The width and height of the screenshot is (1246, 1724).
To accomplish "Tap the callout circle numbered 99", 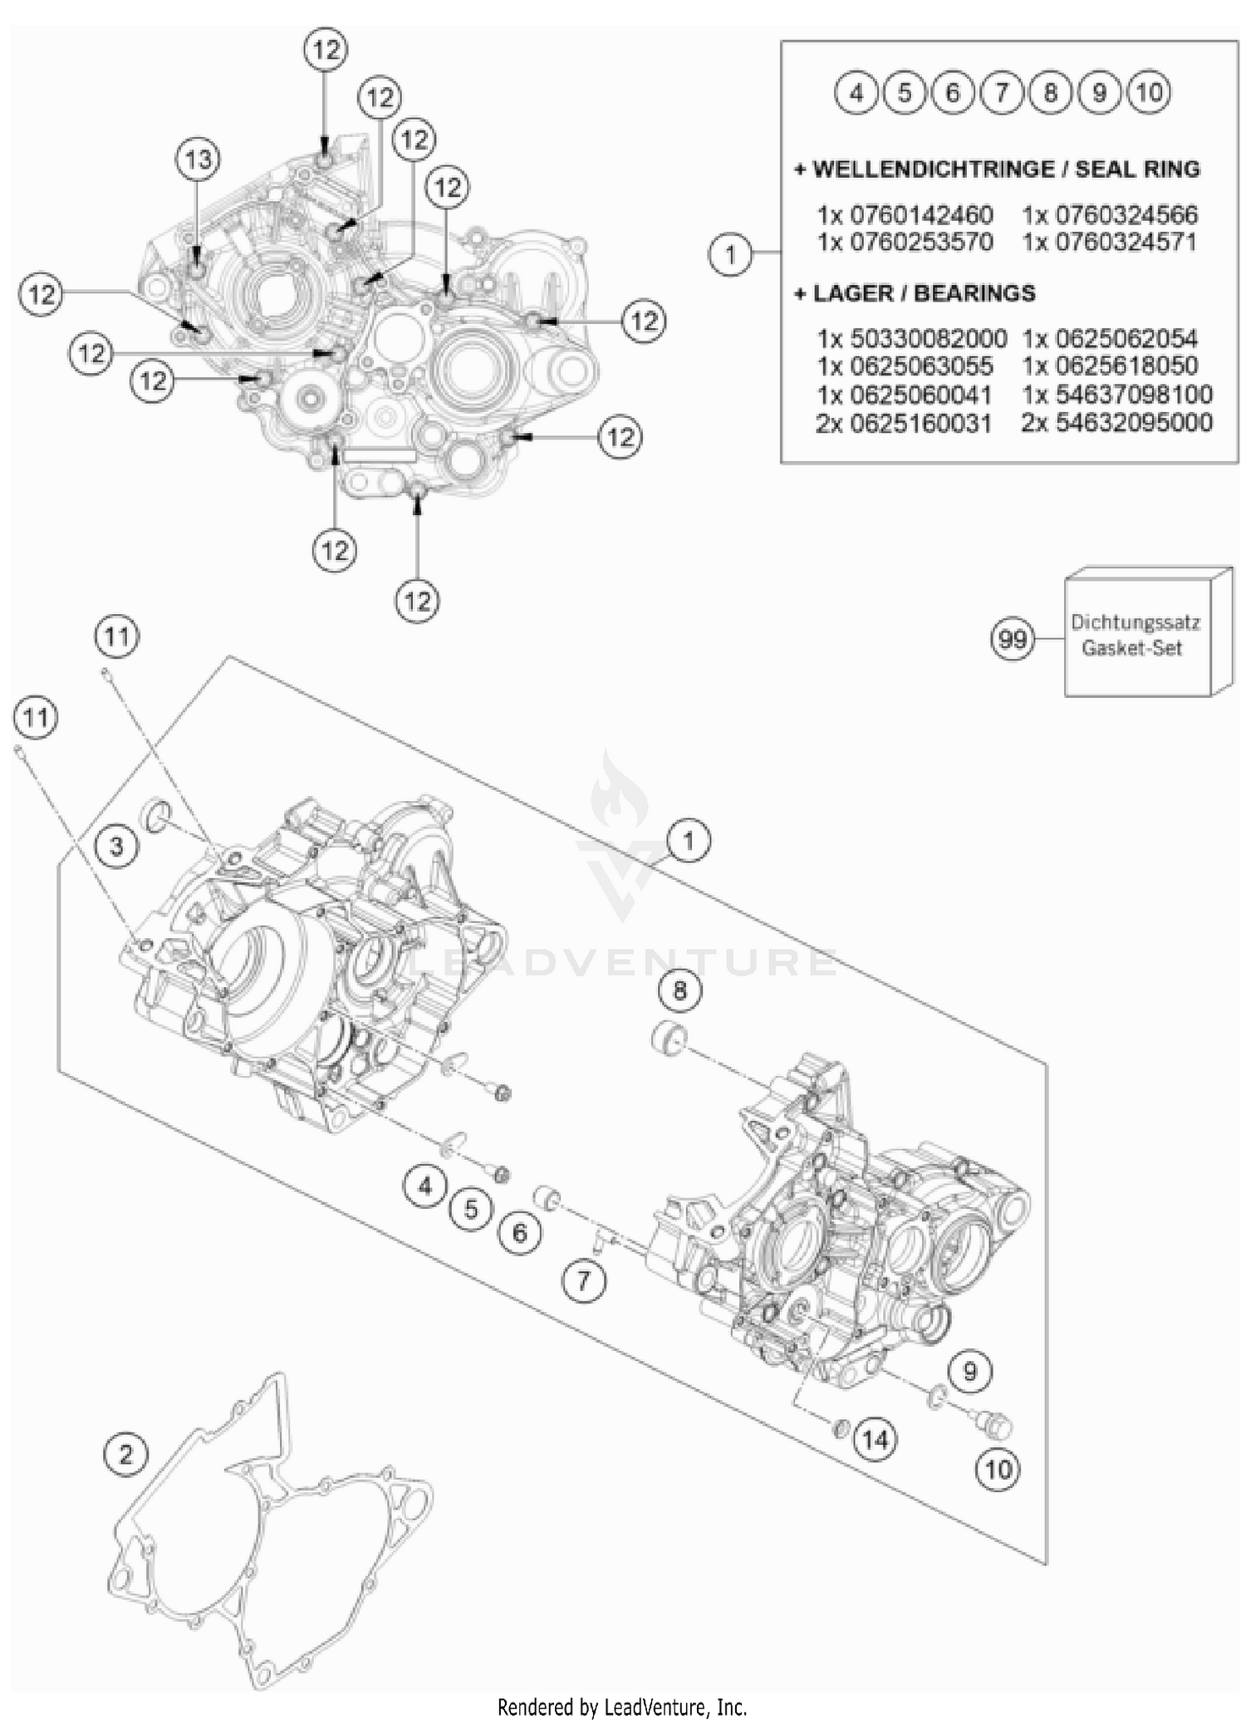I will [1013, 640].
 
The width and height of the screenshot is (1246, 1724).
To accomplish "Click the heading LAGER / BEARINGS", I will [915, 293].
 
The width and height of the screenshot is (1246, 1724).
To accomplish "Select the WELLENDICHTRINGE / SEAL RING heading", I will [997, 169].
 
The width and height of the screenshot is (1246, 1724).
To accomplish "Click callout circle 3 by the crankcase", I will [116, 846].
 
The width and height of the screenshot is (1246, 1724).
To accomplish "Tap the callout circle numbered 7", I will [583, 1280].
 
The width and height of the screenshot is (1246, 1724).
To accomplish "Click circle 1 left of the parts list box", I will [730, 253].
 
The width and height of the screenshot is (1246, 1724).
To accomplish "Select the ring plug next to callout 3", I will [157, 815].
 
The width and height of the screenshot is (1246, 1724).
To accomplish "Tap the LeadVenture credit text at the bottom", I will [622, 1707].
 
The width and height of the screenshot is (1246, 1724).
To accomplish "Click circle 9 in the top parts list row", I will [1100, 92].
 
